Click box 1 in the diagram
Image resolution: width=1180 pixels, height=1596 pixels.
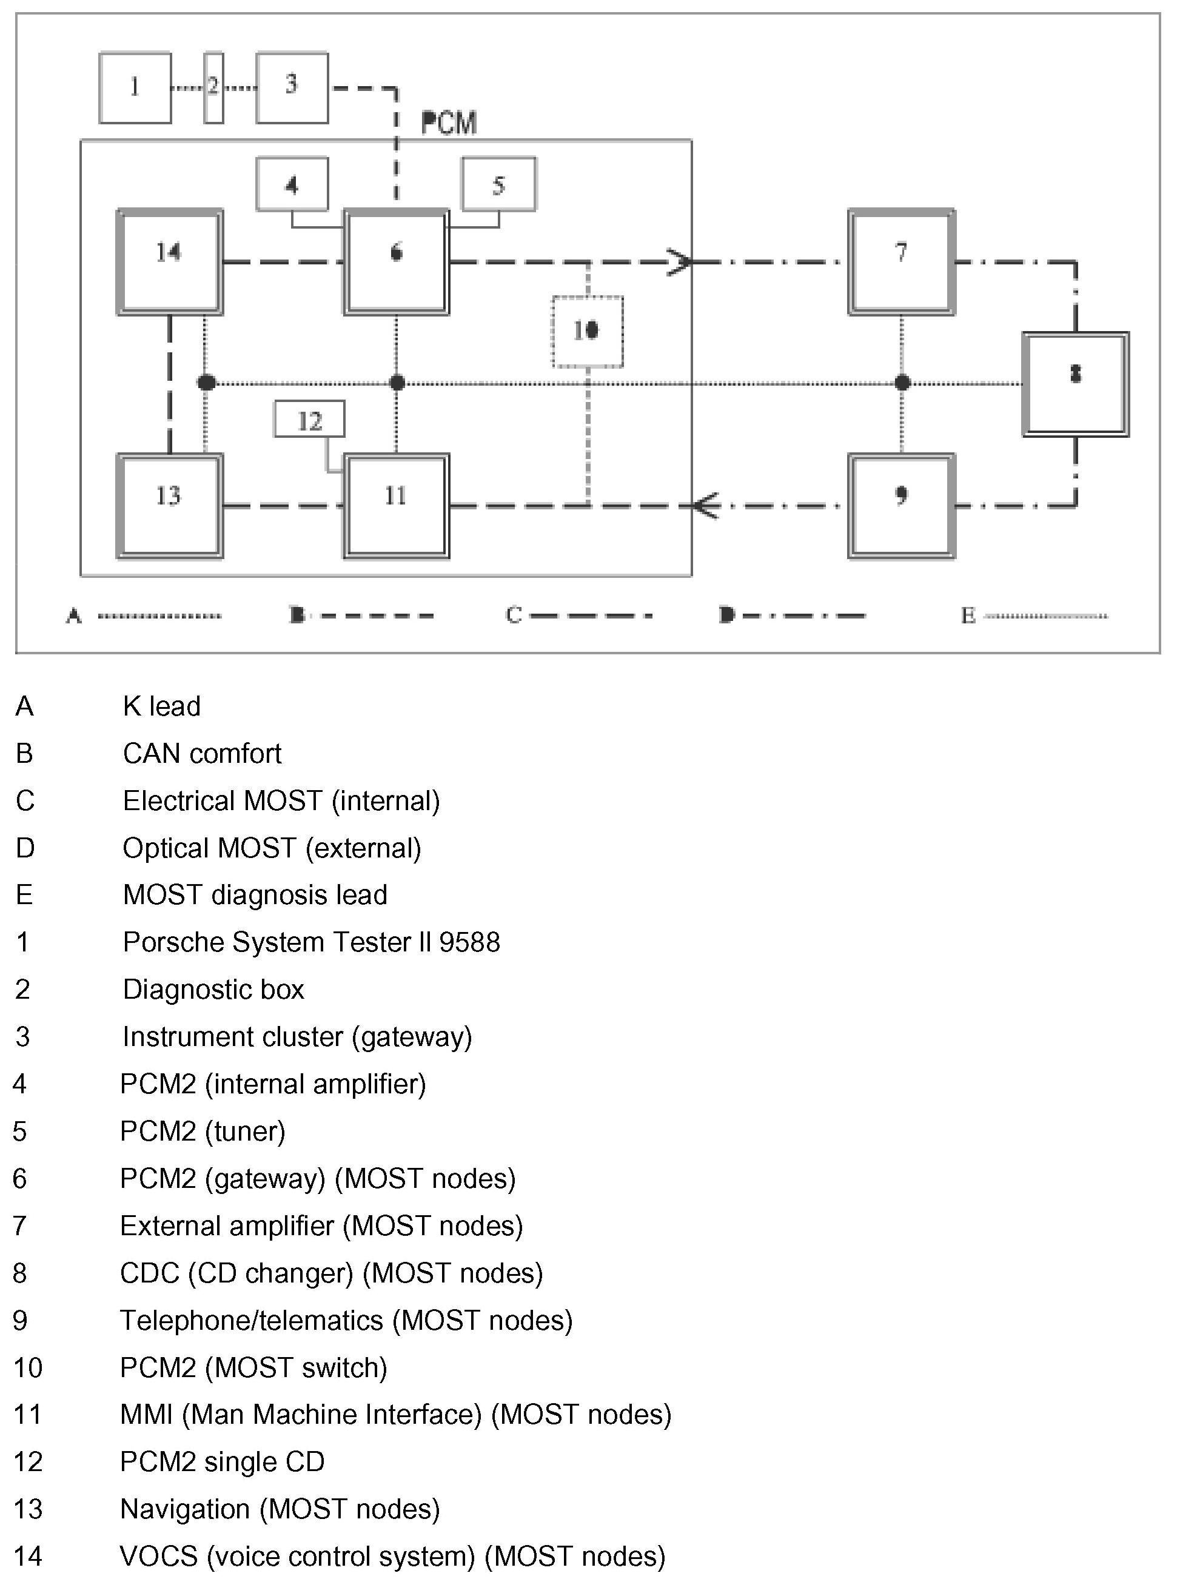pos(135,88)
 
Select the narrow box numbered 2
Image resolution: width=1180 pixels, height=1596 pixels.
pos(213,88)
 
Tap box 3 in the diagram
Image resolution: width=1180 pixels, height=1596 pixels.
pos(292,88)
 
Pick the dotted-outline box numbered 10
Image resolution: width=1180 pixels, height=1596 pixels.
pos(587,331)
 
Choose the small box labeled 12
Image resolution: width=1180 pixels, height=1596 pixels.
pos(309,419)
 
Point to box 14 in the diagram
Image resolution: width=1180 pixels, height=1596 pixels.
pos(170,261)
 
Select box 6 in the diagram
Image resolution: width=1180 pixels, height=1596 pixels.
pos(397,261)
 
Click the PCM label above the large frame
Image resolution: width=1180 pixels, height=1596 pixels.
pos(449,124)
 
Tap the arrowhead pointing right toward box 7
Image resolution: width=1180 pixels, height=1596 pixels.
pos(680,262)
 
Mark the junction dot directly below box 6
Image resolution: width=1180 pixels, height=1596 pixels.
pos(397,383)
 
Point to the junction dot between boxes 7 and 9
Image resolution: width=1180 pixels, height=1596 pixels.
pos(902,383)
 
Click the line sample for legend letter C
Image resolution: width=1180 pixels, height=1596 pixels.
pos(590,615)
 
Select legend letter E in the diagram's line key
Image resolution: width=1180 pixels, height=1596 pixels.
pos(968,615)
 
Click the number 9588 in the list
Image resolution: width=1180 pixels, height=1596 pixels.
pos(469,942)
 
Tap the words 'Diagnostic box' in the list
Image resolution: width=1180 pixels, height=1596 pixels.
pos(213,990)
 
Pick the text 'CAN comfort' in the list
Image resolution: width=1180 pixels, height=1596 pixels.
pos(202,753)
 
